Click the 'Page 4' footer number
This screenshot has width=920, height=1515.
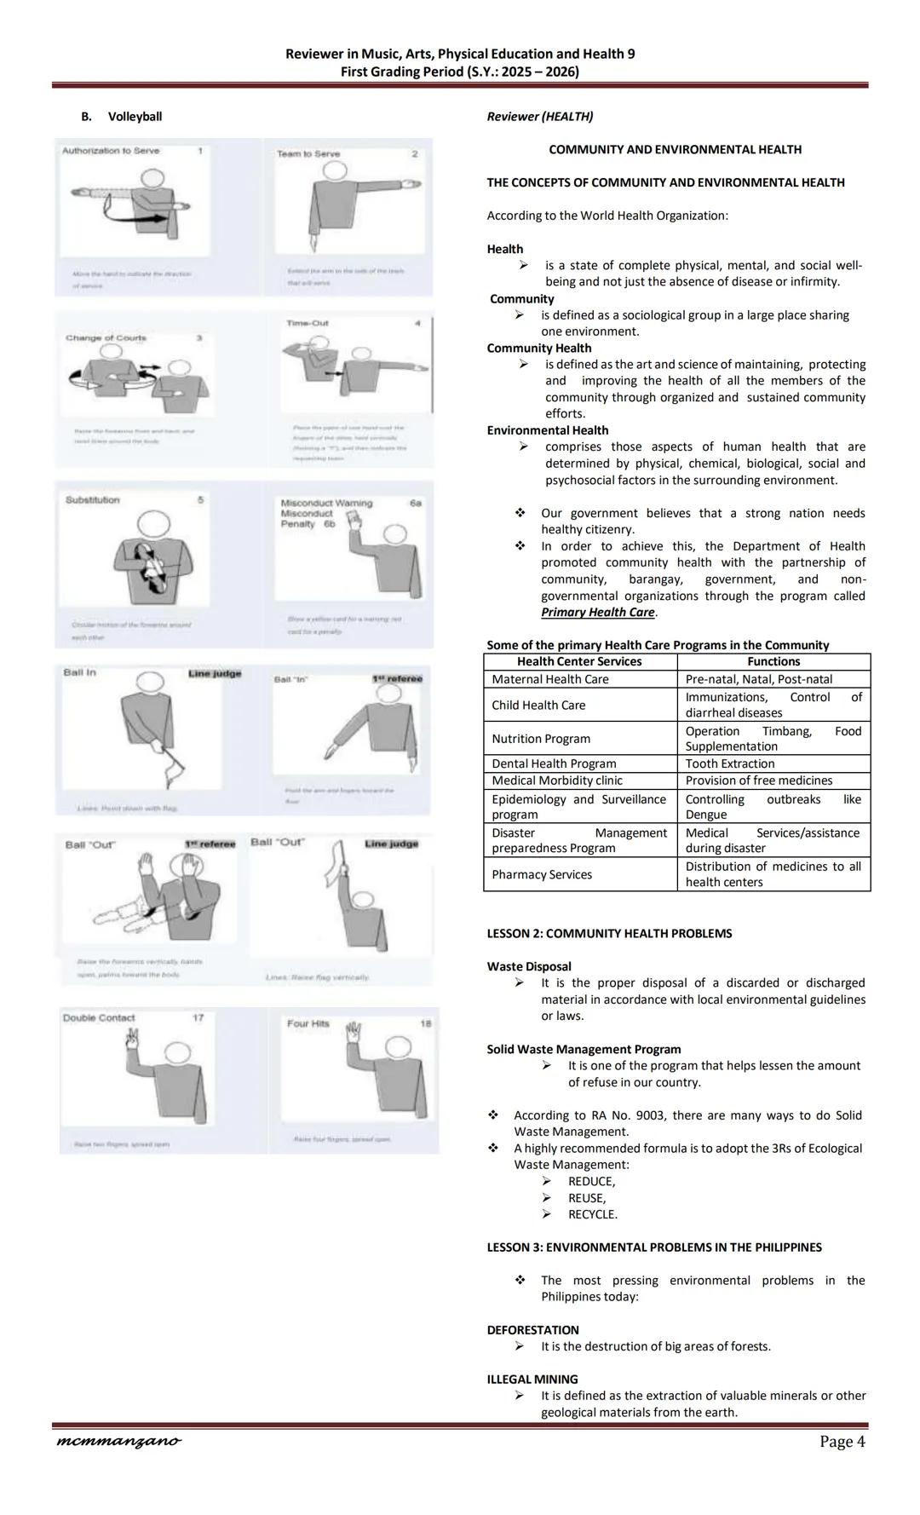842,1442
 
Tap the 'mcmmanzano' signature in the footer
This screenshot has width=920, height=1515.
118,1442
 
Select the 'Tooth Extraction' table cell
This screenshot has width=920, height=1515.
730,763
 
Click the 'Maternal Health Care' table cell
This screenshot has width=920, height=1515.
549,679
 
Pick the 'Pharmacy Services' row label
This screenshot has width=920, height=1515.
542,874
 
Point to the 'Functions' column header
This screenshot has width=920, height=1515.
773,661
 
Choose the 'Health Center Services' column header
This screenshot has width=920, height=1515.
579,661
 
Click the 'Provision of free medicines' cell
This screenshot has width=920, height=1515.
759,781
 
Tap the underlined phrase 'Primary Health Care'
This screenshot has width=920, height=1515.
598,613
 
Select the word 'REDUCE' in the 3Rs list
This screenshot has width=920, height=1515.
590,1181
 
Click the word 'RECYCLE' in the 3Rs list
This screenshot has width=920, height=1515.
592,1214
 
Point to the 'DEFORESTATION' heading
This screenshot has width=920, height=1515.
532,1330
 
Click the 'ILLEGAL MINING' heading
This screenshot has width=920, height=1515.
532,1380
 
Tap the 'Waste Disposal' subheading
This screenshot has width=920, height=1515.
529,966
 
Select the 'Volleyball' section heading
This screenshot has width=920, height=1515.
135,117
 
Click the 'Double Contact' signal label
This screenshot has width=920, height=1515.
99,1017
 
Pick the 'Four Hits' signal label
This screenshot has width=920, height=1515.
308,1023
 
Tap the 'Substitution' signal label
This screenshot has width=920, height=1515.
93,500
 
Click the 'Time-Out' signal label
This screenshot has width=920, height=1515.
308,323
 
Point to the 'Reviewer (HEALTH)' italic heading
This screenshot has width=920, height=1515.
540,117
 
